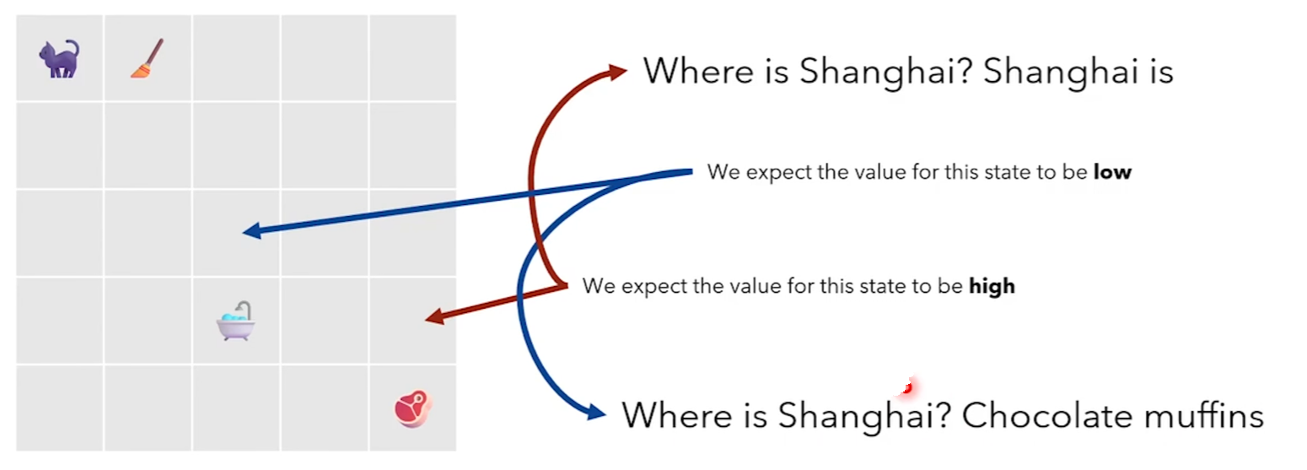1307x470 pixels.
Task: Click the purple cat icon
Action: point(59,59)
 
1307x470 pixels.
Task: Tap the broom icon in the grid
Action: point(147,58)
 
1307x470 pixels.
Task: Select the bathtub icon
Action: point(235,321)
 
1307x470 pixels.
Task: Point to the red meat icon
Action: point(412,408)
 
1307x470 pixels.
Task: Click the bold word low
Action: point(1112,172)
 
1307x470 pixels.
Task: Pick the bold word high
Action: point(992,286)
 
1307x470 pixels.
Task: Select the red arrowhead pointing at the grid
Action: point(433,318)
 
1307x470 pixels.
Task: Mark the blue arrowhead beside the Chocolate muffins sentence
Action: point(595,413)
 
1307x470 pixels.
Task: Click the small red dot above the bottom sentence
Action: point(906,388)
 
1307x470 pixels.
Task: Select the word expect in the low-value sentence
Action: point(774,172)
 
